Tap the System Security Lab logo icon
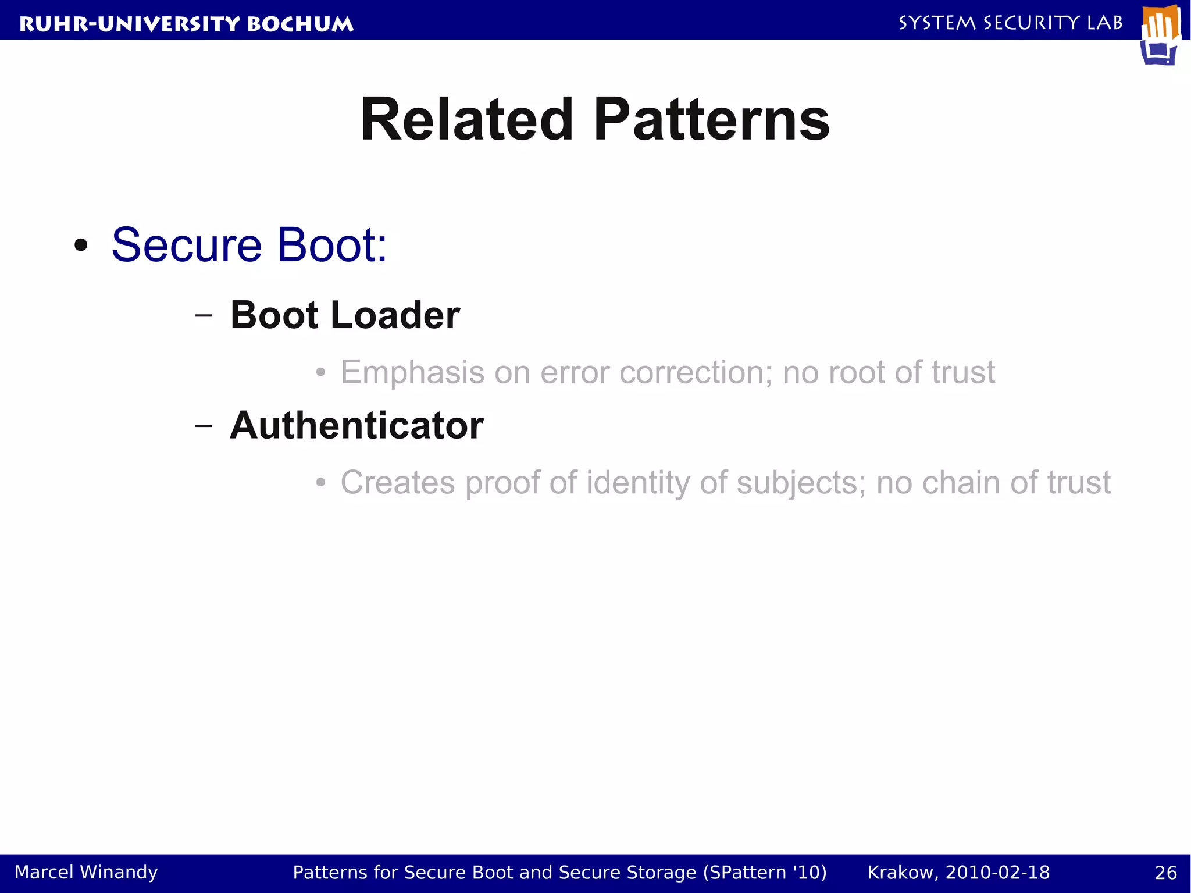pos(1160,35)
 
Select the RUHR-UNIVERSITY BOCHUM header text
pos(186,24)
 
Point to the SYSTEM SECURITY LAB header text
pos(1010,23)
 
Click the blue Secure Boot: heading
pos(249,245)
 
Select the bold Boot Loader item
pos(345,315)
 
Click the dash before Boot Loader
pos(204,315)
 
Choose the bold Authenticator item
pos(356,425)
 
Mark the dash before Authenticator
pos(204,426)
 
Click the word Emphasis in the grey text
pos(412,372)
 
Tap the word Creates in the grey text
pos(397,483)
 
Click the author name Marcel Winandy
pos(86,872)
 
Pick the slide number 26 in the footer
pos(1165,873)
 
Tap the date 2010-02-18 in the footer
pos(997,873)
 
